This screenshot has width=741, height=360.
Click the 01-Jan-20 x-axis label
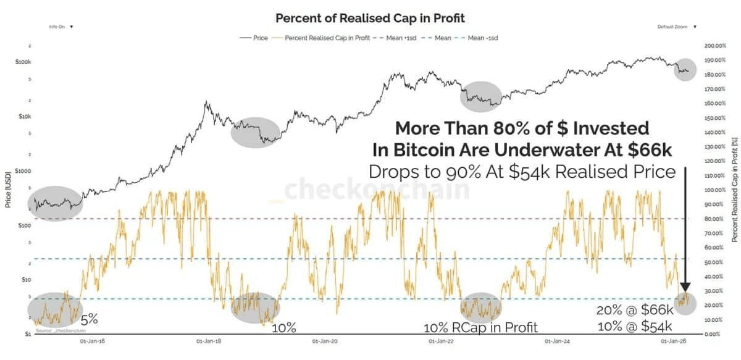point(324,341)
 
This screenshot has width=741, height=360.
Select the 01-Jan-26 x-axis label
point(673,341)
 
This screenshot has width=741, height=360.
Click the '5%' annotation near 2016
point(90,320)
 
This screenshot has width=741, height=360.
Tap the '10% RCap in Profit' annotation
point(480,327)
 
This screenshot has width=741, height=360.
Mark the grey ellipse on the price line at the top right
point(685,69)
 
